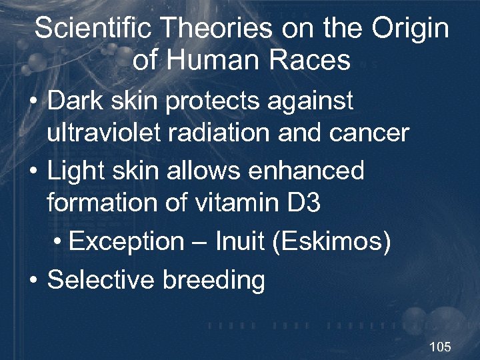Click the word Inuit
[239, 241]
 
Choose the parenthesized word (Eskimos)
[331, 241]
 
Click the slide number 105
[440, 347]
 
